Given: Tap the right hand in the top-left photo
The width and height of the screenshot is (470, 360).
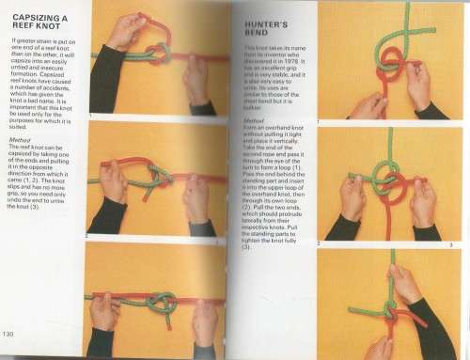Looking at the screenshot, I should [198, 80].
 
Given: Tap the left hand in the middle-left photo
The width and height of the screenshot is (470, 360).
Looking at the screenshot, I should [114, 183].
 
